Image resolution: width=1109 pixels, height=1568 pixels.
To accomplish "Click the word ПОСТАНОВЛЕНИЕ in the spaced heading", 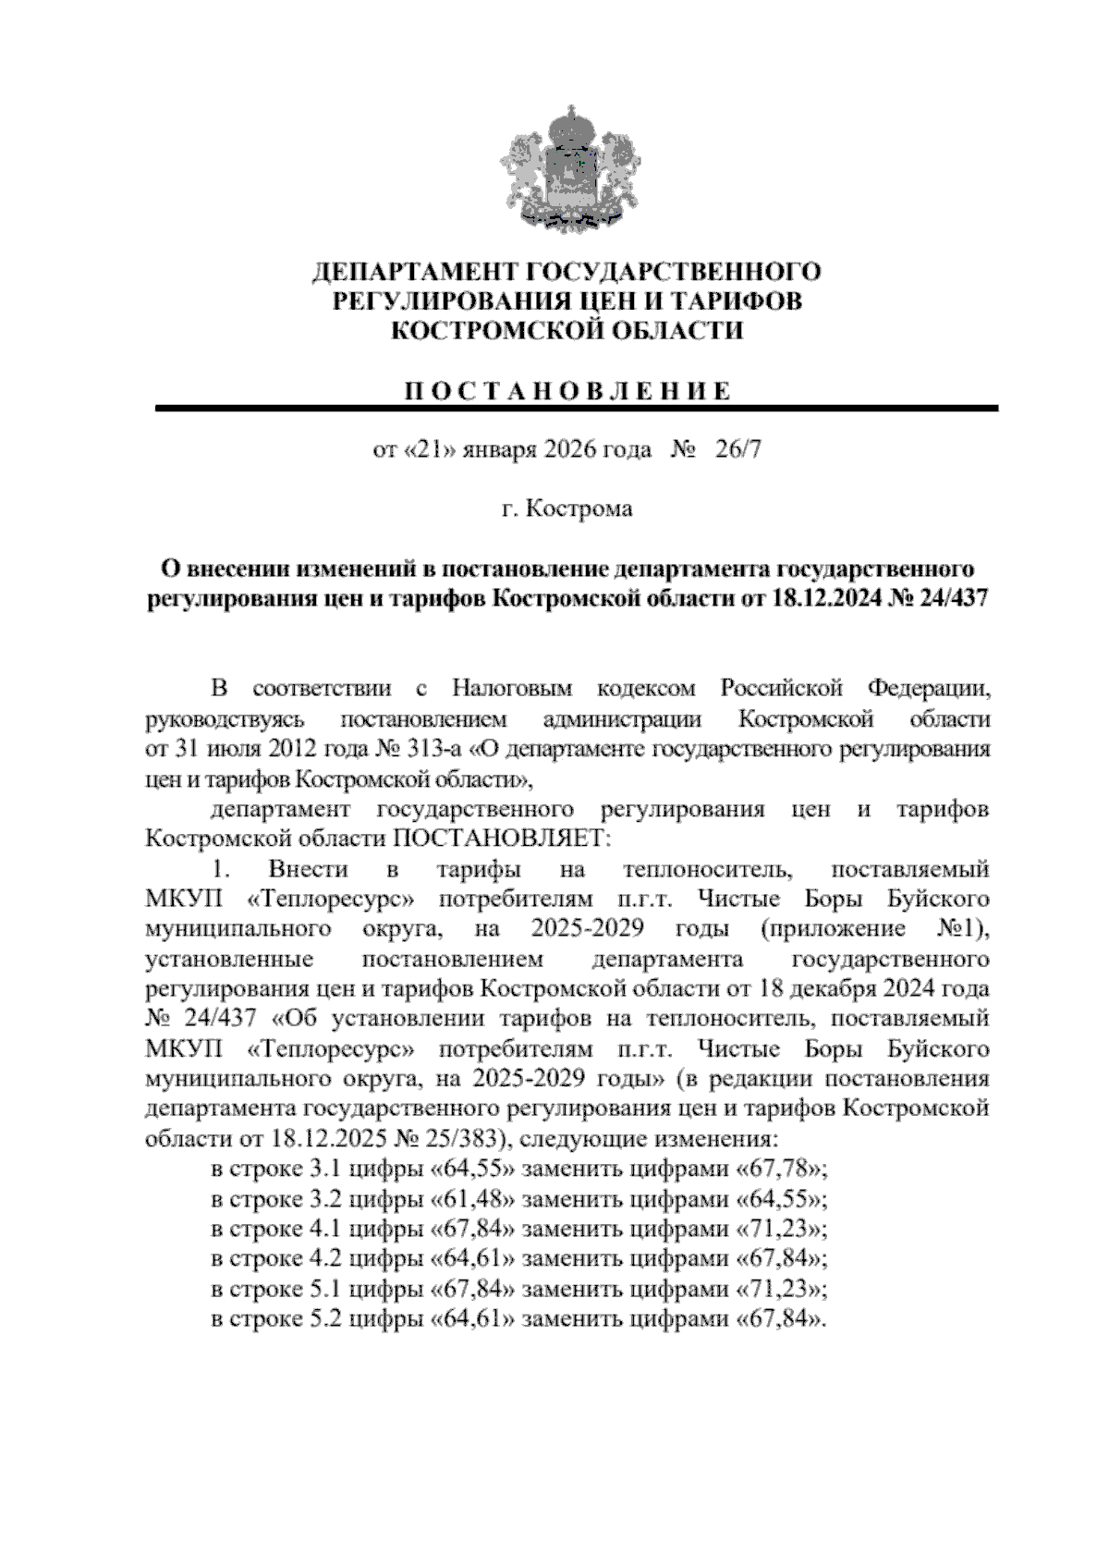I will [x=566, y=391].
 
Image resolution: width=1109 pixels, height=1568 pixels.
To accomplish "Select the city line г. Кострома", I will [x=566, y=508].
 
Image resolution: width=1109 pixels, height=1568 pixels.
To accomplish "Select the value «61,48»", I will [x=472, y=1198].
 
